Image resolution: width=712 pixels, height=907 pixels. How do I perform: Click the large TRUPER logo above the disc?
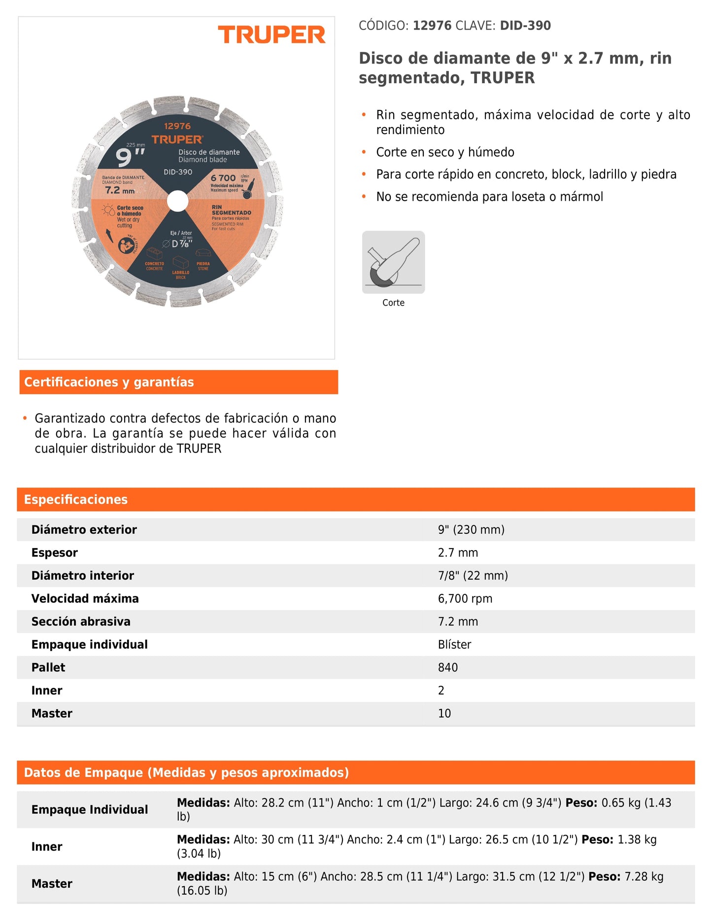click(271, 35)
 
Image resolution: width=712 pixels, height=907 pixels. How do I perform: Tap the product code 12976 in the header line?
click(432, 26)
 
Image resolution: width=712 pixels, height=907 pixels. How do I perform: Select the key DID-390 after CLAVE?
click(525, 26)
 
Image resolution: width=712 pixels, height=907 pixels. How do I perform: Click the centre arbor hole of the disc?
click(177, 201)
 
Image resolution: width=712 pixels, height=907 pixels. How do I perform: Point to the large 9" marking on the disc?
click(130, 157)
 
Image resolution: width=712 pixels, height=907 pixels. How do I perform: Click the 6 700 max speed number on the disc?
click(223, 178)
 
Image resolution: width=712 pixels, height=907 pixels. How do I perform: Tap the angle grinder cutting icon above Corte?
click(393, 262)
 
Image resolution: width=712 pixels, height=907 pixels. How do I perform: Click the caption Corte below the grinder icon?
click(393, 303)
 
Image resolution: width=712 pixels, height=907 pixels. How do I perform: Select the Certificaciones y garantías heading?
click(109, 382)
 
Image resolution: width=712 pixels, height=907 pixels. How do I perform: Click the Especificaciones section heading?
click(76, 499)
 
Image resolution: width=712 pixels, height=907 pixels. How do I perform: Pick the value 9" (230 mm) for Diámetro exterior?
click(471, 529)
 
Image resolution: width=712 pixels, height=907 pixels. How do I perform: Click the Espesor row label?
click(55, 553)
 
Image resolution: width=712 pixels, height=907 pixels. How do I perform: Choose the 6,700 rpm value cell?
click(465, 598)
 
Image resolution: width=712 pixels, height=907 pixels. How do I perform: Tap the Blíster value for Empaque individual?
click(454, 644)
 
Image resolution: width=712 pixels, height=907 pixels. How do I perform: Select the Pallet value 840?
click(447, 667)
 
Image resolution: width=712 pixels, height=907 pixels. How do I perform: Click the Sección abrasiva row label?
click(81, 622)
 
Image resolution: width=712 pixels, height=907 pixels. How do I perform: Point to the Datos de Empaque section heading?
click(186, 772)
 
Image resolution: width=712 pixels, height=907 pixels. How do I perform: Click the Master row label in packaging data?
click(52, 884)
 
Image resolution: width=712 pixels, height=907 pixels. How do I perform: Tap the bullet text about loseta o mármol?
click(489, 197)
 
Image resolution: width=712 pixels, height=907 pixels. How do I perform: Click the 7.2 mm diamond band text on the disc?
click(120, 190)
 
